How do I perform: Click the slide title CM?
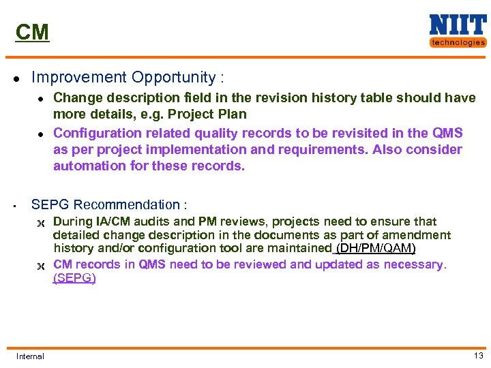(33, 32)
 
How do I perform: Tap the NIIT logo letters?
(458, 25)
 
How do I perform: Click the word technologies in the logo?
(458, 42)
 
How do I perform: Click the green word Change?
(75, 98)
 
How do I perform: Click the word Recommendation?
(127, 204)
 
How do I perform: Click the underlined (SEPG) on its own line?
(74, 278)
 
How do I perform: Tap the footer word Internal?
(30, 356)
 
